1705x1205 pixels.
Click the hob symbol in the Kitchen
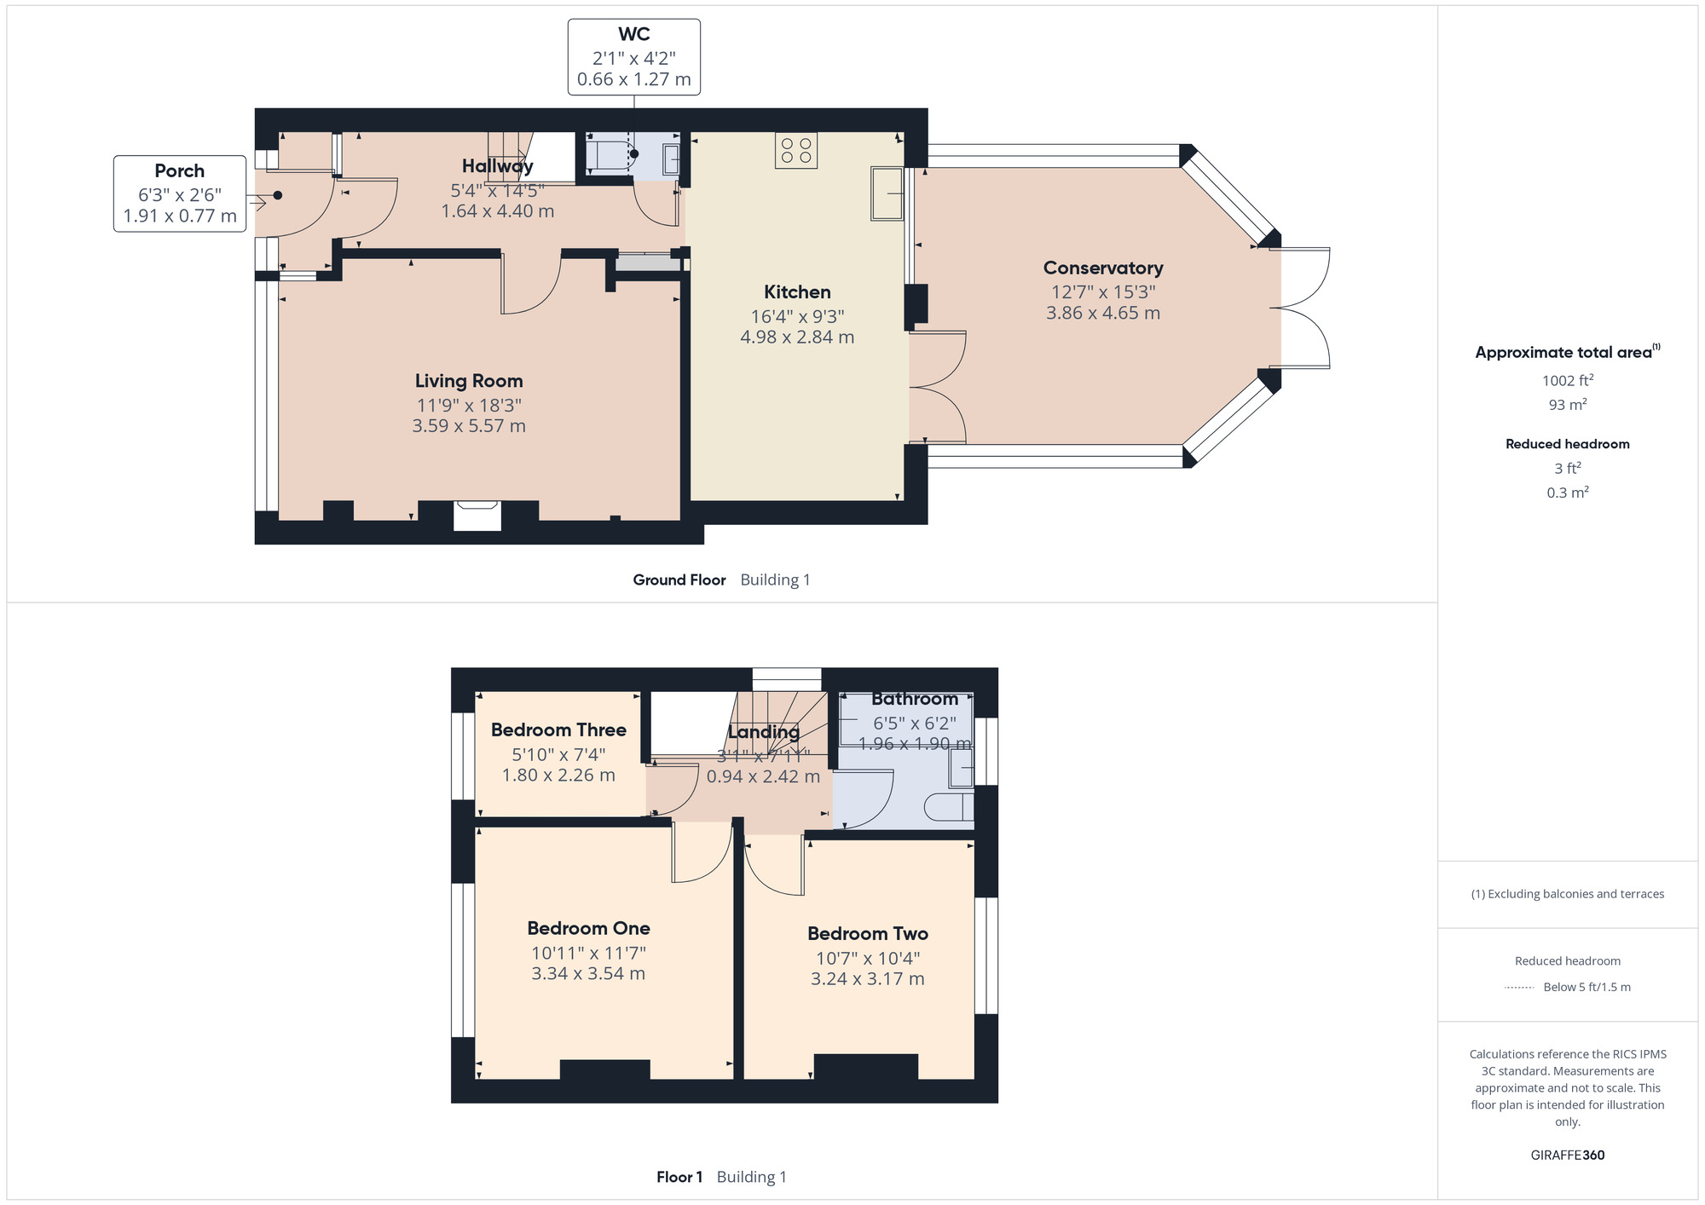796,151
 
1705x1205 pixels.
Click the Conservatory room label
1102,268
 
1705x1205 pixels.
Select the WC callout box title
633,34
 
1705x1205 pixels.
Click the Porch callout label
179,170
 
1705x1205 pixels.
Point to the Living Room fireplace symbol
477,515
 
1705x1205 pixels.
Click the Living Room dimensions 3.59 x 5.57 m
468,426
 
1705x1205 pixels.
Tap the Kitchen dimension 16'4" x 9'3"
796,316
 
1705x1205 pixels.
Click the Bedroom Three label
558,729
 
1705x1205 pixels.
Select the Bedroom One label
588,928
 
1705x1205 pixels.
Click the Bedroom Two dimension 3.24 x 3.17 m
867,979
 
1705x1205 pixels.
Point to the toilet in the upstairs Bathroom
949,807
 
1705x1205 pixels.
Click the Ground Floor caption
679,579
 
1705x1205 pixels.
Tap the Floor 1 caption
679,1177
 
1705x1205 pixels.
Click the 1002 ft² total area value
1567,380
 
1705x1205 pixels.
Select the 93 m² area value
1567,405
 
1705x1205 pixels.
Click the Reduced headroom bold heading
1567,444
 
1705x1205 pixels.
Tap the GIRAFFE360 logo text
1567,1156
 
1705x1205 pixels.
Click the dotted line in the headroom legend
1519,988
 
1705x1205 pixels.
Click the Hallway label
497,165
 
